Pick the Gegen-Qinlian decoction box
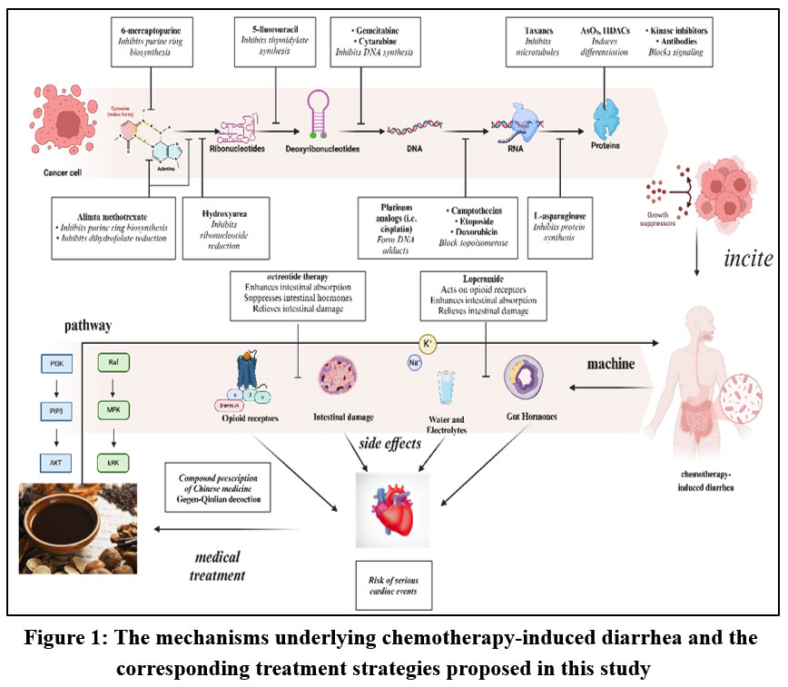click(217, 486)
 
